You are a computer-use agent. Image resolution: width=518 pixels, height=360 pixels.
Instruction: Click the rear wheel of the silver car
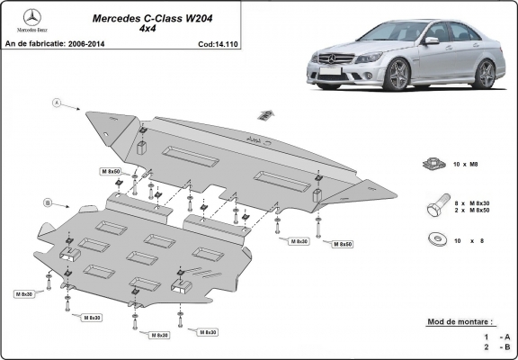point(486,73)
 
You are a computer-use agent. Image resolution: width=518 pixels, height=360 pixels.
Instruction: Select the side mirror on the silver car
point(432,40)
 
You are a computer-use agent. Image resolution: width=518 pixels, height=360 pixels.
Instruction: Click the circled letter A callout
point(56,103)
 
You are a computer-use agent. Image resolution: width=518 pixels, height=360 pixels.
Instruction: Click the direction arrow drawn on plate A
point(265,114)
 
